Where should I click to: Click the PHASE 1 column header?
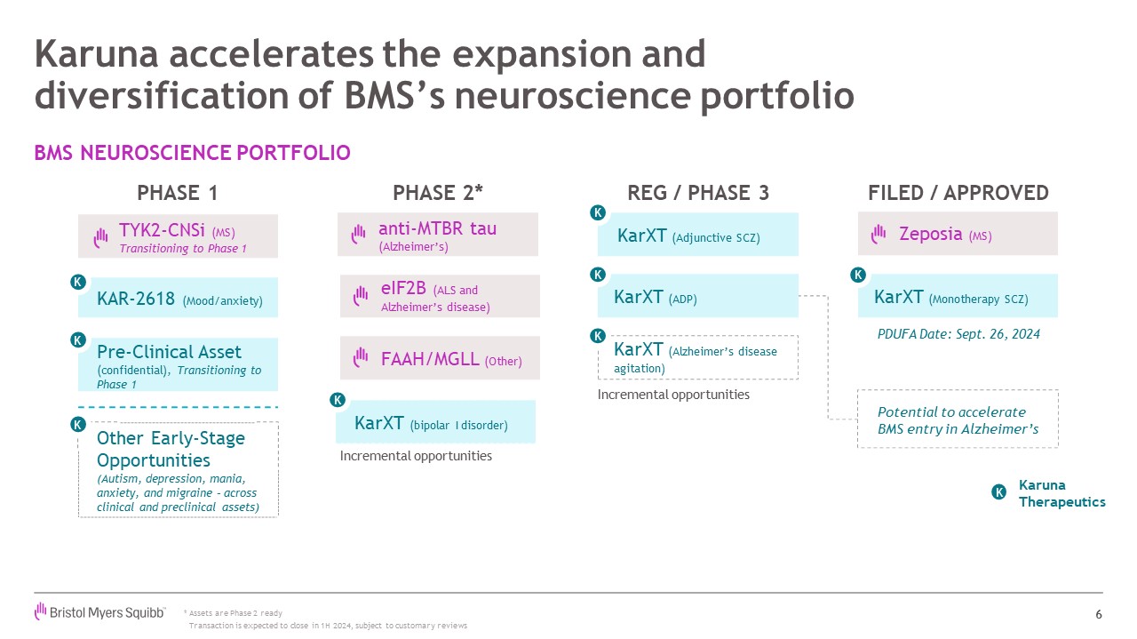177,193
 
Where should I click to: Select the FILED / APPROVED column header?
958,193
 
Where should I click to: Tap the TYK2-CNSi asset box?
178,236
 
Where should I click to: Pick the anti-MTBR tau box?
437,235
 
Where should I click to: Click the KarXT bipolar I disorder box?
435,423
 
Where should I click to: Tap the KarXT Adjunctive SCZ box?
697,236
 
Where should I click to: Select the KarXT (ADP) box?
697,297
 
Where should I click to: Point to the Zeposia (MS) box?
958,234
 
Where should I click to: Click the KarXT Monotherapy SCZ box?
958,297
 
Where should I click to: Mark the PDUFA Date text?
958,334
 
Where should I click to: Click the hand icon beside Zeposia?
879,234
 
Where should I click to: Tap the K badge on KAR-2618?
78,283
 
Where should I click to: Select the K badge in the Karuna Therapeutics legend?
999,492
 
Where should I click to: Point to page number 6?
1098,614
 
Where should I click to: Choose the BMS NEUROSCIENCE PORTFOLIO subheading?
192,153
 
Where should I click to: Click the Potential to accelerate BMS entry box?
958,419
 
